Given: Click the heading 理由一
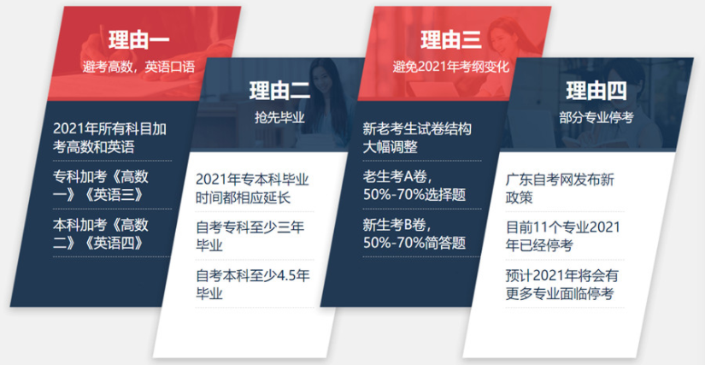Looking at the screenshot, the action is point(139,40).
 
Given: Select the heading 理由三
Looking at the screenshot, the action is point(451,39).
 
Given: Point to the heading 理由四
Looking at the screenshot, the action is point(596,91).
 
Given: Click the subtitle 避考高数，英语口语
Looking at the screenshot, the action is point(139,67).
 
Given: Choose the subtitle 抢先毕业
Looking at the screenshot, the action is point(279,117).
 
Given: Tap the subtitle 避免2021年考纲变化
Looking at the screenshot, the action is point(451,67).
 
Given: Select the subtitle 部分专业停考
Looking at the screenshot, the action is point(596,117).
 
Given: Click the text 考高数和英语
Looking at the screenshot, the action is point(93,147).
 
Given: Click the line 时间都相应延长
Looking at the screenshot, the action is point(244,197).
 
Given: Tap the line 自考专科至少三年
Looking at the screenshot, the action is point(250,227).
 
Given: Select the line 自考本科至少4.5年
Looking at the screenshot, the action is point(253,275).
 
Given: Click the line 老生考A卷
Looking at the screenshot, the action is point(396,176).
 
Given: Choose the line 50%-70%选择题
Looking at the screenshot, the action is point(414,195).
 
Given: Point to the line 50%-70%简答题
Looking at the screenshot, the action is point(414,243).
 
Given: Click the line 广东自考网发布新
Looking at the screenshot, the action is point(560,180).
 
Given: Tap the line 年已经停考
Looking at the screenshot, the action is point(539,246).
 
